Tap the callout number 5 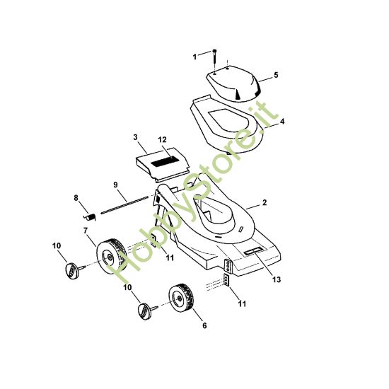[276, 75]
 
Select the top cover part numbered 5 [233, 83]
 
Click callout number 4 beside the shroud [282, 122]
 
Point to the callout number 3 [135, 137]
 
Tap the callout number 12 [163, 139]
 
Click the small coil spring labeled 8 [90, 217]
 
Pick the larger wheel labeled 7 [111, 257]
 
